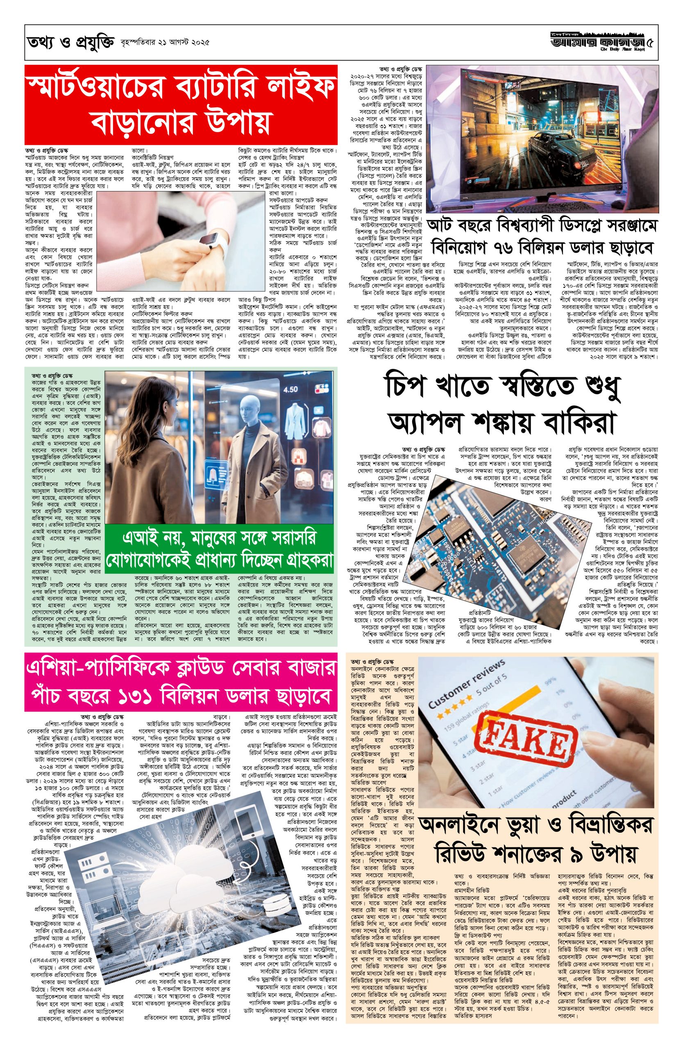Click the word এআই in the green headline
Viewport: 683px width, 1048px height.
134,539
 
